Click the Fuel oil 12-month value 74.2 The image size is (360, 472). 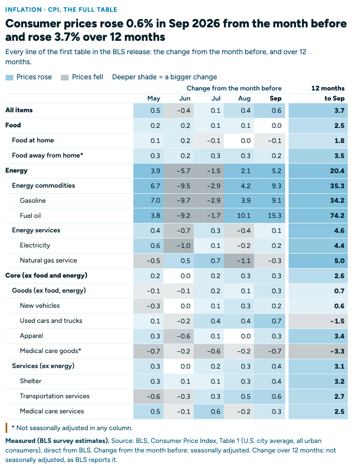pos(337,216)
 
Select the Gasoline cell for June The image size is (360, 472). pos(179,201)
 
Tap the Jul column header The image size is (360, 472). pos(216,98)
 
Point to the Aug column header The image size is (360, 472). pos(244,98)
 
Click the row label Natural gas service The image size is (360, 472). pos(49,260)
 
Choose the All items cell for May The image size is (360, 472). pos(148,111)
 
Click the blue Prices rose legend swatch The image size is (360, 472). pos(9,78)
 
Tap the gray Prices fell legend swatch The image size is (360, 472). pos(65,78)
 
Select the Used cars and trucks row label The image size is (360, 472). pos(51,321)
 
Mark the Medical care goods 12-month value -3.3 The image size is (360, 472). pos(337,351)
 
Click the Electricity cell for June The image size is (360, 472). pos(179,246)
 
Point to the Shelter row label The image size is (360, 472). pos(30,381)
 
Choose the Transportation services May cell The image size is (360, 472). pos(148,397)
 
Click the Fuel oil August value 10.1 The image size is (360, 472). pos(243,216)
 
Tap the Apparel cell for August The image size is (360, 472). pos(239,336)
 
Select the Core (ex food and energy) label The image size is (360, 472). pos(46,275)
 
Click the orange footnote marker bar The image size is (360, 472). pos(6,428)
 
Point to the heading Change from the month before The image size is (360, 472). pos(234,88)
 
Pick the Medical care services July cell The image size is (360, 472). pos(209,412)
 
